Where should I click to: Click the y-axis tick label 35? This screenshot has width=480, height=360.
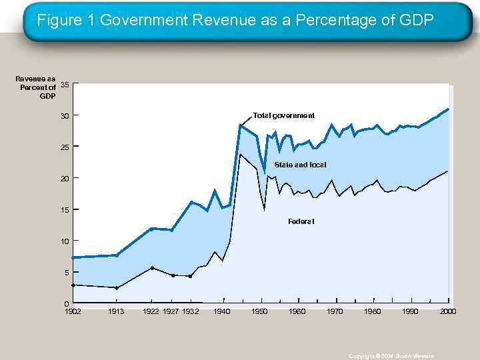pos(65,84)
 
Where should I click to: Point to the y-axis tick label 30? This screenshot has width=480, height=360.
pos(65,117)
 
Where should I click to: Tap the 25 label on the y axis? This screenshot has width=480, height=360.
pos(65,147)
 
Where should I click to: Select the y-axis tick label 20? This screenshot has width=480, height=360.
pos(65,179)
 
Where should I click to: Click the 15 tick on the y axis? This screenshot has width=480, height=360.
pos(65,210)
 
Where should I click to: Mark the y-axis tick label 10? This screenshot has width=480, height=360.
pos(65,241)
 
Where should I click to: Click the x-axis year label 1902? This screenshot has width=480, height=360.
pos(73,311)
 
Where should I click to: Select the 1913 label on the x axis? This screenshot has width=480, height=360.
pos(117,311)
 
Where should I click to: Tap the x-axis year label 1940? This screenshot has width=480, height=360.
pos(222,311)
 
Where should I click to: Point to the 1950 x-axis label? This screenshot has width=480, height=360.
pos(260,311)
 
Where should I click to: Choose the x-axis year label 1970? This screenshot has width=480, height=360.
pos(335,311)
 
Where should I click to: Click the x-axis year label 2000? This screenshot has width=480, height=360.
pos(448,311)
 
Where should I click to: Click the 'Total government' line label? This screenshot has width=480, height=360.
pos(283,116)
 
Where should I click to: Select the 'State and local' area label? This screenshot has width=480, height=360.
pos(300,164)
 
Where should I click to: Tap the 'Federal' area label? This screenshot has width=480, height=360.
pos(301,221)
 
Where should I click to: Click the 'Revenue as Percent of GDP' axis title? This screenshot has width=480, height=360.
pos(37,87)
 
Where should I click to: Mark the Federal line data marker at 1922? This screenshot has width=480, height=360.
pos(153,268)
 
